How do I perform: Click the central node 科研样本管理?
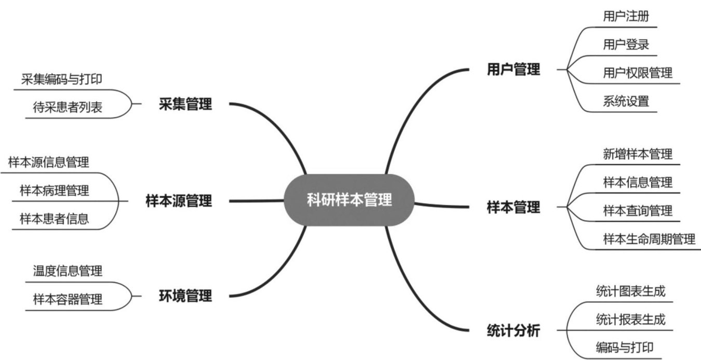pyautogui.click(x=349, y=200)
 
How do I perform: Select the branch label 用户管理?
pyautogui.click(x=513, y=70)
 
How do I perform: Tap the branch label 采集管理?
pyautogui.click(x=185, y=104)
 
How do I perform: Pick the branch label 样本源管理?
pyautogui.click(x=179, y=201)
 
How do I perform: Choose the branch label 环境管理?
pyautogui.click(x=185, y=296)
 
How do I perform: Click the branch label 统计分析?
pyautogui.click(x=513, y=330)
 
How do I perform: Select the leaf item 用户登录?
pyautogui.click(x=626, y=44)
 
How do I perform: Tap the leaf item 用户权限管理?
pyautogui.click(x=638, y=73)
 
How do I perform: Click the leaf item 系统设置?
pyautogui.click(x=626, y=101)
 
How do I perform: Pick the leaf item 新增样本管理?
pyautogui.click(x=638, y=154)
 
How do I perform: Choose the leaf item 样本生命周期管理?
pyautogui.click(x=649, y=239)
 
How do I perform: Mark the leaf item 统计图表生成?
pyautogui.click(x=630, y=291)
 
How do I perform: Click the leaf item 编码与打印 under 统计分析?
pyautogui.click(x=624, y=348)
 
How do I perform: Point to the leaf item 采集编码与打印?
pyautogui.click(x=62, y=79)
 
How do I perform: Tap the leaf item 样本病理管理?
pyautogui.click(x=55, y=190)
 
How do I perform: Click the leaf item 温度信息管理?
pyautogui.click(x=68, y=271)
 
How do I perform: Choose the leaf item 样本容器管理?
pyautogui.click(x=68, y=299)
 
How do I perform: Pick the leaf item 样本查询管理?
pyautogui.click(x=638, y=210)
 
